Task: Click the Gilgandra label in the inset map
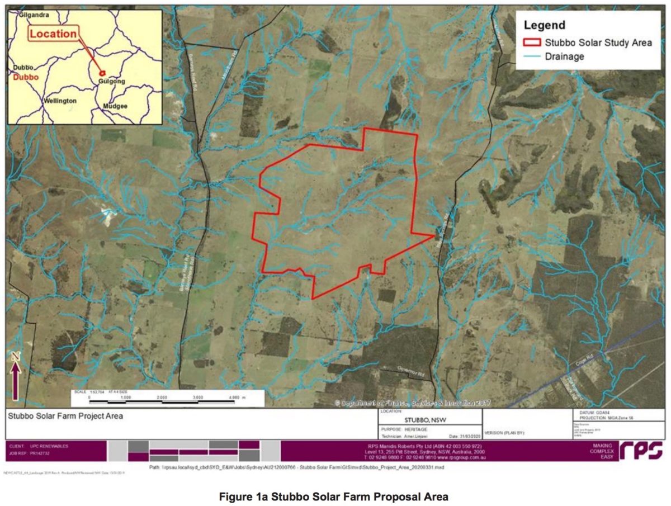coord(34,15)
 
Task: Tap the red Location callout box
coord(53,34)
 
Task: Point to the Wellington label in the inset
coord(59,101)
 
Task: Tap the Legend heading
coord(544,25)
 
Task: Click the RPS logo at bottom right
coord(641,450)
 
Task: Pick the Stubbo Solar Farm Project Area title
coord(65,416)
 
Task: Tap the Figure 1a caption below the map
coord(335,496)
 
